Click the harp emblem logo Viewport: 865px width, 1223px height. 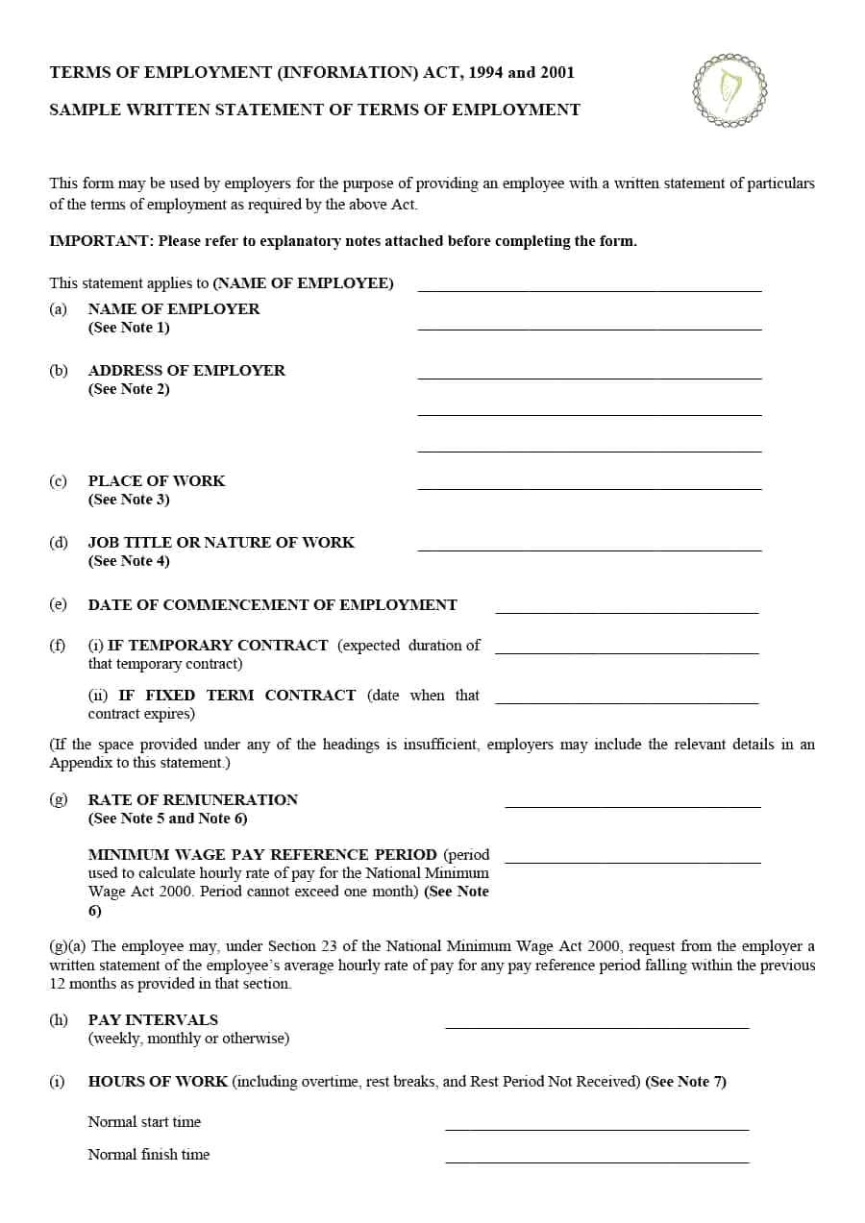pos(729,90)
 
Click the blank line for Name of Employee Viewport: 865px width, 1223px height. pos(589,289)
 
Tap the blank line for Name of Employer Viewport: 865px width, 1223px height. pos(589,328)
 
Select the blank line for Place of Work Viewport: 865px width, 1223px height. pos(589,488)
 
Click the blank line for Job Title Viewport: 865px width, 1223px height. pos(589,550)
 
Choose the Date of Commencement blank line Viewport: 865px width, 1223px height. pos(627,611)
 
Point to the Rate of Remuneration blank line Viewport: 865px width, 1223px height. pos(632,806)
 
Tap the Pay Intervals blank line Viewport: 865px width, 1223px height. pos(597,1027)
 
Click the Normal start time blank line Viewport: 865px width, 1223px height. pos(597,1129)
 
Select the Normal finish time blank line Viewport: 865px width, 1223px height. pos(597,1162)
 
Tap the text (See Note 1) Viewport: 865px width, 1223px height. pos(129,328)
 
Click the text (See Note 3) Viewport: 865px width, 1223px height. pos(129,500)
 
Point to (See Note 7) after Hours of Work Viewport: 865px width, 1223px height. pos(685,1082)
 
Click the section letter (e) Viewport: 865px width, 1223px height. pos(58,604)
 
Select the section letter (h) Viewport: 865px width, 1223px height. pos(59,1020)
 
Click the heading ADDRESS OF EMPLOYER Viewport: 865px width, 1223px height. pos(186,371)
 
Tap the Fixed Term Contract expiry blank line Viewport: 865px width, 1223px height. pos(627,702)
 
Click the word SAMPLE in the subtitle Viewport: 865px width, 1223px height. pos(82,110)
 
